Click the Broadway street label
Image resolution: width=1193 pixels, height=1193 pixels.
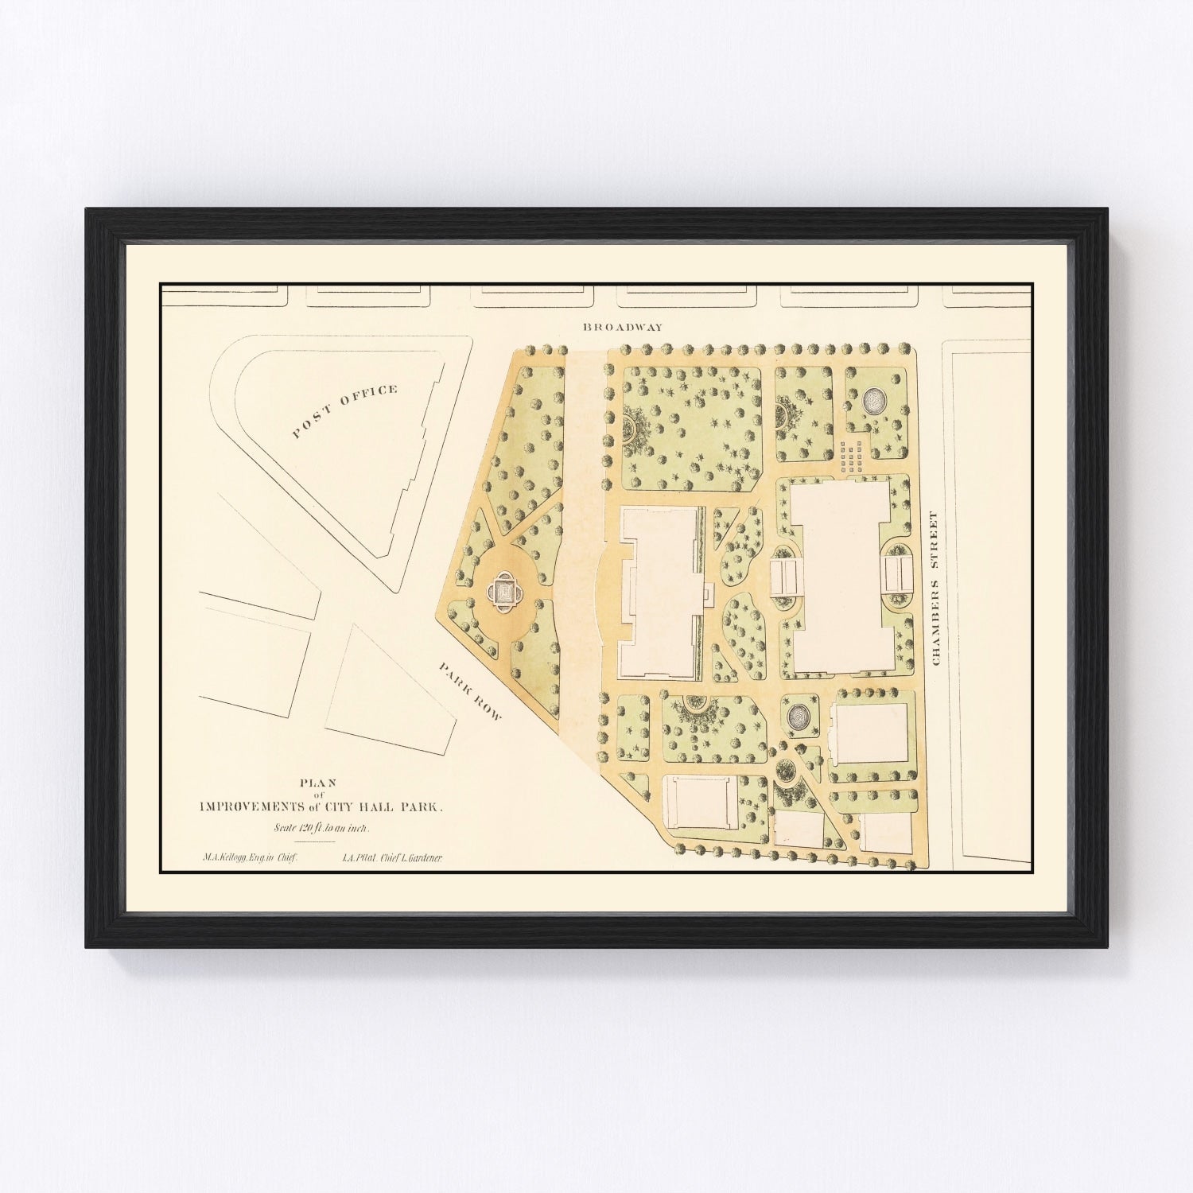pyautogui.click(x=611, y=327)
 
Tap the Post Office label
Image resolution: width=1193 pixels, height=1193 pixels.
pyautogui.click(x=344, y=411)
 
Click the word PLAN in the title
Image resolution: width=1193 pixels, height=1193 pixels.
pyautogui.click(x=319, y=782)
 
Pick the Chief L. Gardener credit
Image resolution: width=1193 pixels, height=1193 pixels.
pyautogui.click(x=392, y=858)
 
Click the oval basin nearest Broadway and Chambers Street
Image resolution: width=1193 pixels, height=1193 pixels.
pyautogui.click(x=872, y=400)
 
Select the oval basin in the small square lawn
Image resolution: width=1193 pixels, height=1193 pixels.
pyautogui.click(x=798, y=715)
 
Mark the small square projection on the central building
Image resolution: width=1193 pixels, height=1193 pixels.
pyautogui.click(x=708, y=592)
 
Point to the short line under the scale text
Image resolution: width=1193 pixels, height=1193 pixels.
pyautogui.click(x=315, y=841)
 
